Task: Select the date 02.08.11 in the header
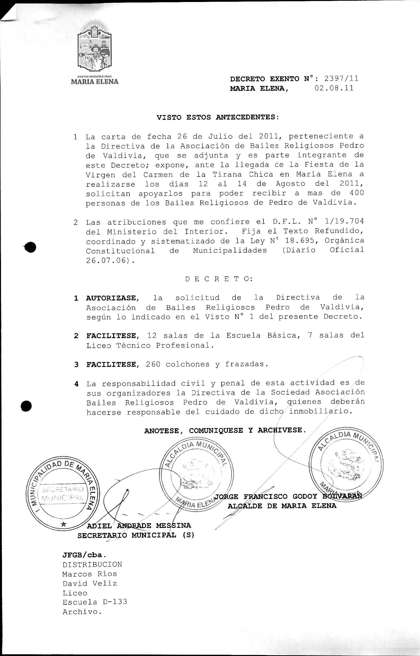[x=334, y=88]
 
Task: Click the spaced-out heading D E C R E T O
[x=219, y=279]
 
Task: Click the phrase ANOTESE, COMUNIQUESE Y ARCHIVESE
[x=225, y=431]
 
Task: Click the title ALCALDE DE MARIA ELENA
[x=282, y=506]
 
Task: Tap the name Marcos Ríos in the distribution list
[x=89, y=574]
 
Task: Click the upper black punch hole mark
[x=31, y=247]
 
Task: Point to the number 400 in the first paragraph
[x=356, y=193]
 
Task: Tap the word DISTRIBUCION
[x=92, y=564]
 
